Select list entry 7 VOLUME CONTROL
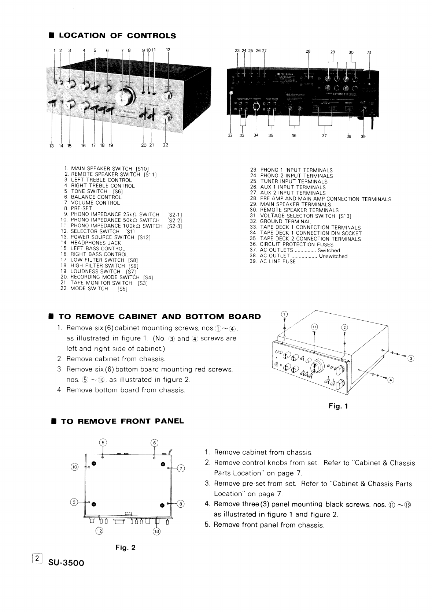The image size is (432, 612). point(95,203)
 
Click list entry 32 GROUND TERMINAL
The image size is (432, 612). point(285,221)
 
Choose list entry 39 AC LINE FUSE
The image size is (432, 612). point(277,262)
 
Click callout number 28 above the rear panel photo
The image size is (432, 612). point(308,51)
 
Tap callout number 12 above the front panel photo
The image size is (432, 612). point(168,49)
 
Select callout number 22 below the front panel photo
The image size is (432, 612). point(166,145)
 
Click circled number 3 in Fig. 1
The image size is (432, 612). point(411,358)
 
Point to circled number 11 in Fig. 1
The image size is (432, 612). point(314,326)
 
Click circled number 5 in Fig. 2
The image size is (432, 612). point(103,443)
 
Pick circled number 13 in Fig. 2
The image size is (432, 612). point(157,531)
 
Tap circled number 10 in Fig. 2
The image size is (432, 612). point(75,467)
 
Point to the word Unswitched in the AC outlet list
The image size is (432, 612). point(333,256)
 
